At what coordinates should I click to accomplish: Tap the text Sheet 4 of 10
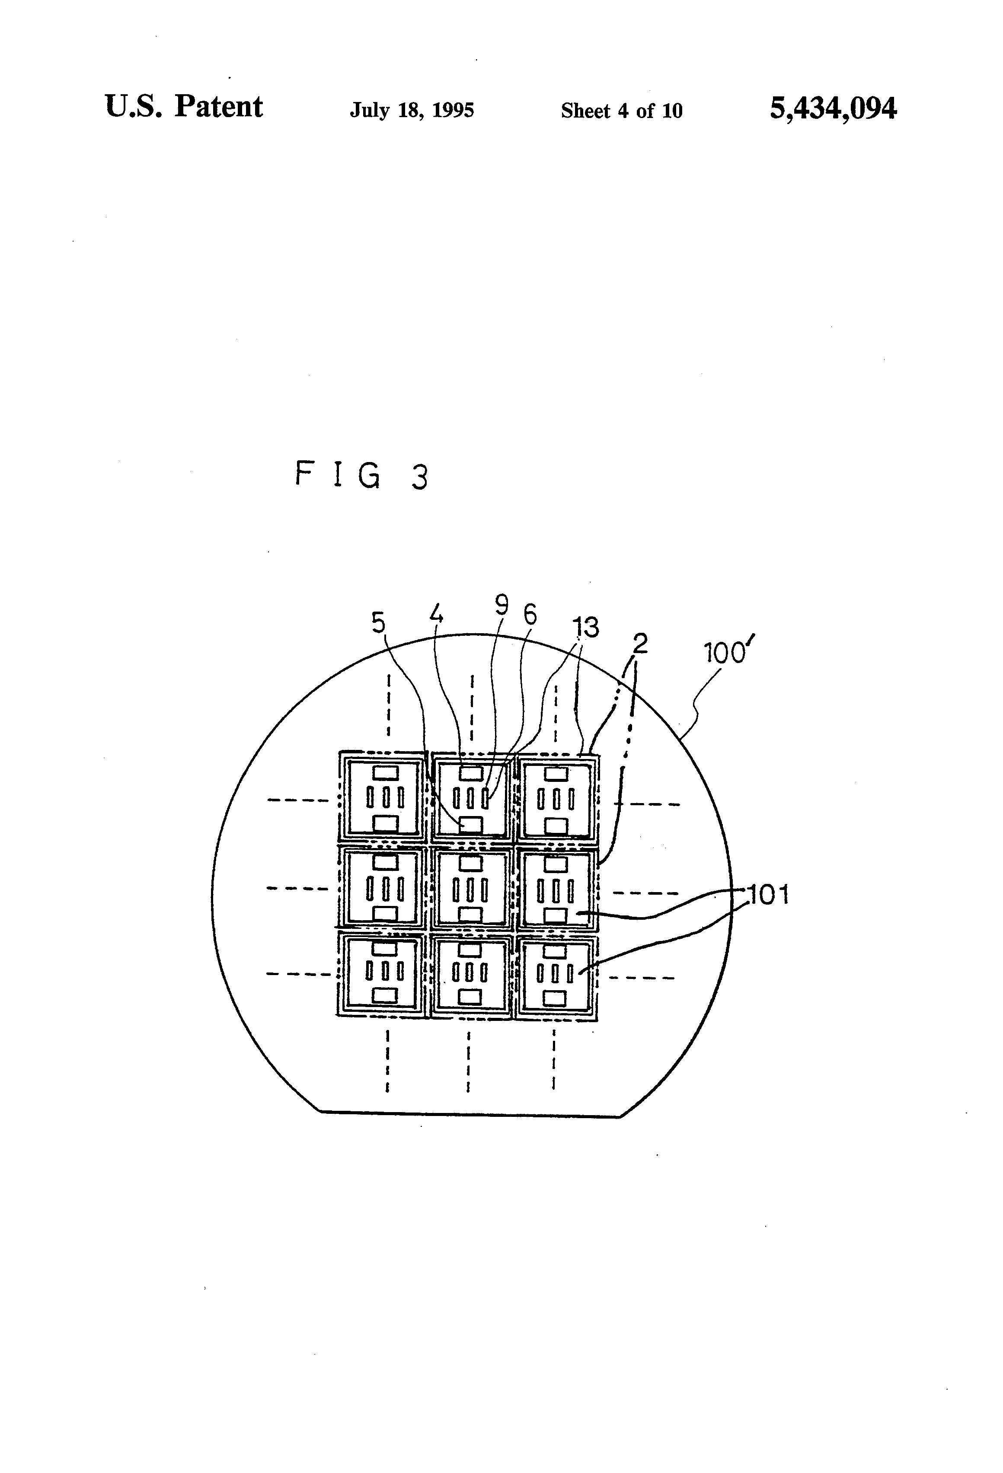coord(621,111)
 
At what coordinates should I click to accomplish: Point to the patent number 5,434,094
coord(833,108)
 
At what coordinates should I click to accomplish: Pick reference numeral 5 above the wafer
coord(378,623)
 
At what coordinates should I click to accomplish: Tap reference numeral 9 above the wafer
coord(501,605)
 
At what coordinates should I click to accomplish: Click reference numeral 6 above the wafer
coord(530,614)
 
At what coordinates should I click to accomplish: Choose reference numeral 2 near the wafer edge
coord(640,644)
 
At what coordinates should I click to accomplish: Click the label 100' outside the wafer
coord(729,652)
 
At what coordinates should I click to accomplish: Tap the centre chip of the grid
coord(470,889)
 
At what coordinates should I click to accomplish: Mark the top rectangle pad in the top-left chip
coord(385,773)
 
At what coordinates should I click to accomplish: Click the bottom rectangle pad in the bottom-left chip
coord(385,996)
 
